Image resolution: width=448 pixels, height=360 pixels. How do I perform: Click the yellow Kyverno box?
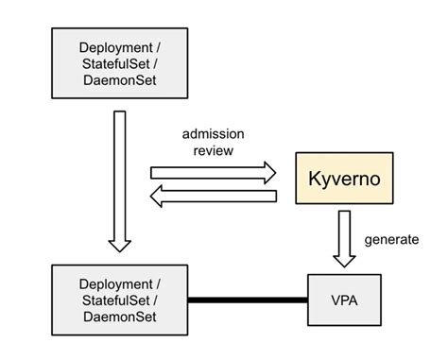[344, 178]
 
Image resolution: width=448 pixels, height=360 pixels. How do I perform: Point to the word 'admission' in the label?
[214, 132]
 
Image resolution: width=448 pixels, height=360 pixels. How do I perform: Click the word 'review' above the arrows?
[214, 148]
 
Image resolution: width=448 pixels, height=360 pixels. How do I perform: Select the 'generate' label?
[390, 239]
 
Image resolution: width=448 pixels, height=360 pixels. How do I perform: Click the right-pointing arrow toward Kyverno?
[213, 172]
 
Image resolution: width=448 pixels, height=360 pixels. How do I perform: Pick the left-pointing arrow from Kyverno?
[213, 197]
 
